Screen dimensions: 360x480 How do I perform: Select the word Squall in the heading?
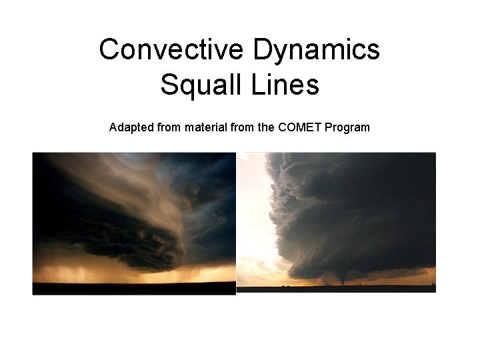pos(196,85)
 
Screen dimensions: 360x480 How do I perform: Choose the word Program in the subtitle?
pos(347,127)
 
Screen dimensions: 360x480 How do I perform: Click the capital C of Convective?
pos(109,50)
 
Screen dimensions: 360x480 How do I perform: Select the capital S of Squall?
pos(169,85)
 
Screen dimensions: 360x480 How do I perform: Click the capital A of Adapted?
pos(113,127)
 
